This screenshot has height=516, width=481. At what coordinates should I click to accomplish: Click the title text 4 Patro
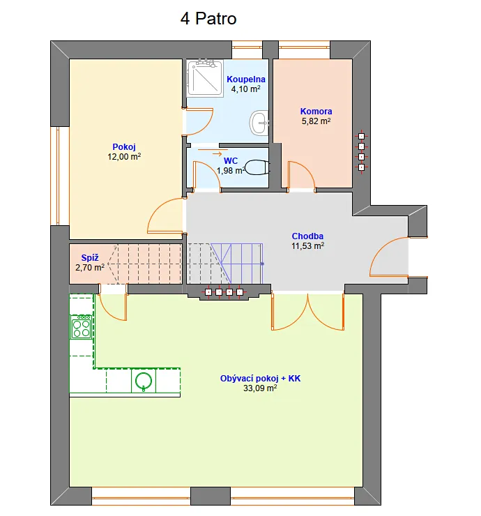208,18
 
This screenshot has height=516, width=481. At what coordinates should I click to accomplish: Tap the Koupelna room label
246,79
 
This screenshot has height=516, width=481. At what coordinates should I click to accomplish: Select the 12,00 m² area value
124,157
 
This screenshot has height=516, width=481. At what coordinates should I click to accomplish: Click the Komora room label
316,112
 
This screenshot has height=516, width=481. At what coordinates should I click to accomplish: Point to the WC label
231,161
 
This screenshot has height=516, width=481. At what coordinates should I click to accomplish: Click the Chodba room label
307,236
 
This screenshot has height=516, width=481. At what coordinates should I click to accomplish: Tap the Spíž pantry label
90,258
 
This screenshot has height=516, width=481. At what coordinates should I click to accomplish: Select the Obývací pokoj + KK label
260,379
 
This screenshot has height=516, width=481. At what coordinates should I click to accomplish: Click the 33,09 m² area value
260,388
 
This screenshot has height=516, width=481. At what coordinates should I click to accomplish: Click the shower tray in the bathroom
205,77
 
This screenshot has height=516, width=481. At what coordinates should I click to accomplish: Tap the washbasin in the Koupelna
259,123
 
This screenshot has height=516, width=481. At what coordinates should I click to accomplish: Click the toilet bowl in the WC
258,167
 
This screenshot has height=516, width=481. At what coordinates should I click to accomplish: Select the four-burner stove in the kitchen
82,327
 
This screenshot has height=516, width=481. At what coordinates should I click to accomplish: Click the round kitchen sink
144,381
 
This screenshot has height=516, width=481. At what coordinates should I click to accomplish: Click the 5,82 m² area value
316,121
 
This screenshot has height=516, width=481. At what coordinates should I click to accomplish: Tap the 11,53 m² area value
307,246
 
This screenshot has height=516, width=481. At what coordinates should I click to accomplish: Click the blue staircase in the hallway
236,264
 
